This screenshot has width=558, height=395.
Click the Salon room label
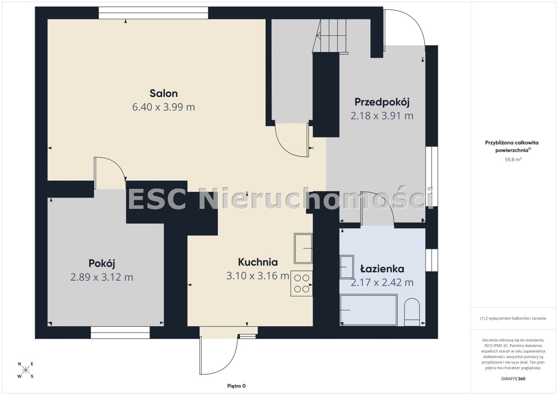[163, 93]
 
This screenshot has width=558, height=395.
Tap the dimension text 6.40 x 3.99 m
[163, 107]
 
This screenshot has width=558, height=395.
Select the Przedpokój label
[382, 102]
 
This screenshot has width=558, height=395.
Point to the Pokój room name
[102, 263]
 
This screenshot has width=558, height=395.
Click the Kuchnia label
[258, 262]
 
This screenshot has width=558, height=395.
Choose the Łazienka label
[382, 269]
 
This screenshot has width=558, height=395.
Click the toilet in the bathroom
[412, 312]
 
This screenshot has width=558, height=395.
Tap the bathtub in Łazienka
[368, 310]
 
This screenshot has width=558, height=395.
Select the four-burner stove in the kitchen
[301, 283]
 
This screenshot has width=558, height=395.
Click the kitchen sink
[303, 249]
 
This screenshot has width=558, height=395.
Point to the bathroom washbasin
[347, 267]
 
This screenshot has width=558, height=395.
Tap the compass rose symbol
[25, 370]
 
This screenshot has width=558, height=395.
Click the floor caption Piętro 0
[236, 386]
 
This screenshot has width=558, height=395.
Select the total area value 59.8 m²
[513, 160]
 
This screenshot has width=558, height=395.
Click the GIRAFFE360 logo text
[513, 379]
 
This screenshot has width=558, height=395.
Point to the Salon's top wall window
[153, 13]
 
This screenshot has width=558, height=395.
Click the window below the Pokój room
[120, 333]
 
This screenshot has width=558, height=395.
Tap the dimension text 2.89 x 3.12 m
[102, 277]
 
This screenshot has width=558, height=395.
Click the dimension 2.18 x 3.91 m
[382, 116]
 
